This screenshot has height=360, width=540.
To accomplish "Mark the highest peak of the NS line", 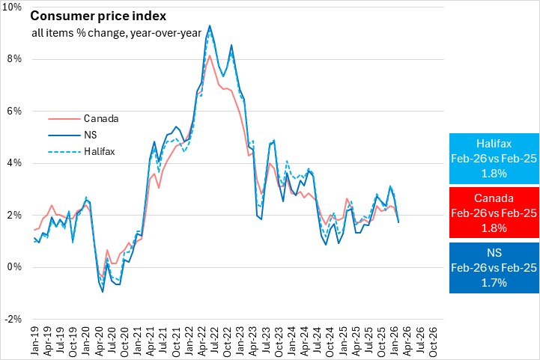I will coord(209,25).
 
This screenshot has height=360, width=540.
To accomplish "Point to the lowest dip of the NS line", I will coord(103,292).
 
